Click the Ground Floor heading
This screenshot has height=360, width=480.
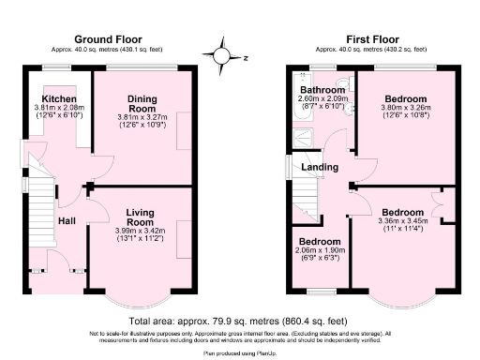pos(108,39)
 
